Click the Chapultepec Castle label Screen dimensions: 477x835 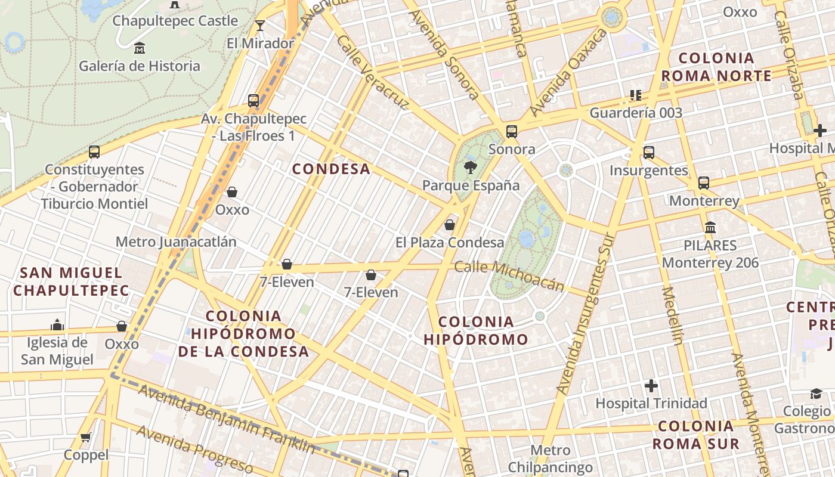click(x=175, y=21)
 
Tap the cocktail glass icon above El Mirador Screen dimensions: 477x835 click(x=260, y=25)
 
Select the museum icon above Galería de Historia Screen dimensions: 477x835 click(x=140, y=48)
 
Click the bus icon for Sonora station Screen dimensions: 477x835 click(x=511, y=131)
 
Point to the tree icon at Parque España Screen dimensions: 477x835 click(x=471, y=167)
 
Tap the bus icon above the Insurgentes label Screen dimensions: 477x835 click(x=649, y=153)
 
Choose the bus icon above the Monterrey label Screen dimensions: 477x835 click(x=704, y=182)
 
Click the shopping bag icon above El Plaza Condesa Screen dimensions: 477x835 click(x=450, y=225)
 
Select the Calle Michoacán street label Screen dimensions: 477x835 click(x=509, y=275)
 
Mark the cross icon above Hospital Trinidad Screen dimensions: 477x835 click(x=651, y=386)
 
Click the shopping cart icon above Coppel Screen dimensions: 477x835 click(x=86, y=437)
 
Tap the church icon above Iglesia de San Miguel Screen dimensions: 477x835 click(x=57, y=324)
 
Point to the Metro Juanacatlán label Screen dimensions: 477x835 click(x=176, y=242)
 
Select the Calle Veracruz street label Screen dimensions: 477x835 click(x=372, y=72)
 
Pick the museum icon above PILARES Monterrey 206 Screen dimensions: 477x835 click(x=710, y=227)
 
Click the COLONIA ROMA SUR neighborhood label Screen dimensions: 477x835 click(x=695, y=435)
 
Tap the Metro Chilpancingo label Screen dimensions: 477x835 click(x=550, y=459)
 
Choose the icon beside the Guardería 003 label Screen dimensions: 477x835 click(x=635, y=95)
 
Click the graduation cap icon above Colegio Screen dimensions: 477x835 click(x=815, y=394)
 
